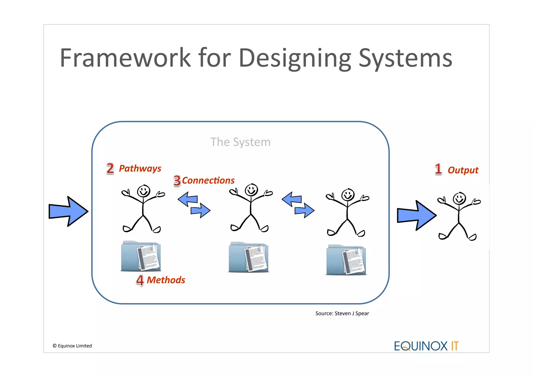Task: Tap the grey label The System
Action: [240, 142]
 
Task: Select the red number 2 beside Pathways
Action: [110, 168]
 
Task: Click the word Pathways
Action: [140, 168]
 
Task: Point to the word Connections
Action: [208, 180]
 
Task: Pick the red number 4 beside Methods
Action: [140, 280]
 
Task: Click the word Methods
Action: [166, 280]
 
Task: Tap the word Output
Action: [463, 170]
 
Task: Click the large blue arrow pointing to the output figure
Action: [416, 215]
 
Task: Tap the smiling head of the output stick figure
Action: [459, 199]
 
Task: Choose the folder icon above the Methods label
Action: [141, 256]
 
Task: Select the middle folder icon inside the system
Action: [248, 257]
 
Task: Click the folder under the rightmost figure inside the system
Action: [346, 260]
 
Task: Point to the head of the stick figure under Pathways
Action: [143, 191]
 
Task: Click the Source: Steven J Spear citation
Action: [342, 313]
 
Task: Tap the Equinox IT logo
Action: [426, 346]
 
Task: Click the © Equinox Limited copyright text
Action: [72, 346]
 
